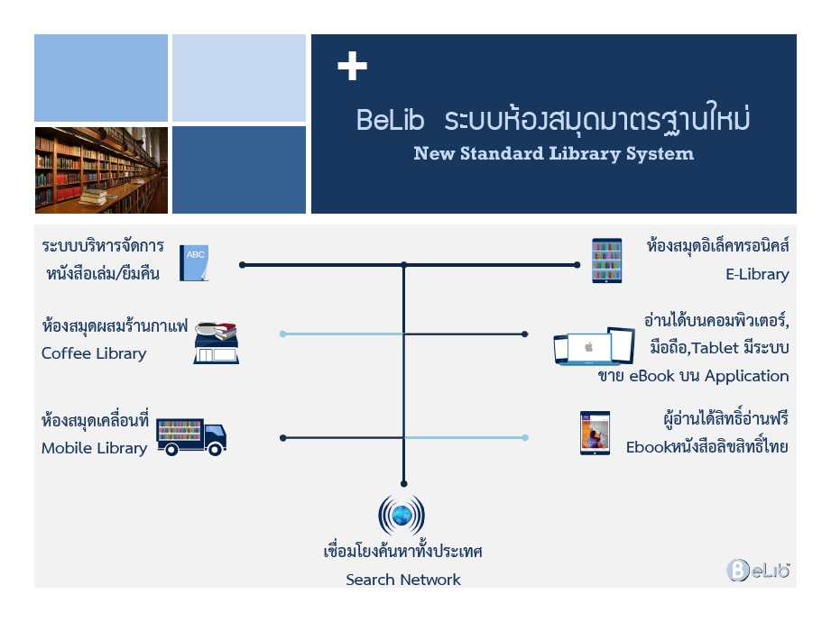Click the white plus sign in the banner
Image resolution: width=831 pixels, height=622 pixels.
(352, 66)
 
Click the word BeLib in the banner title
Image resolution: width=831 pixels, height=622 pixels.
(390, 120)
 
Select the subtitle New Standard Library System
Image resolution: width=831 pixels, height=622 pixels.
(553, 153)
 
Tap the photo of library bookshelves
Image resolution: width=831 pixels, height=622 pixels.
(101, 170)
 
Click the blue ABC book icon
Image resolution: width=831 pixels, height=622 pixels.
(194, 262)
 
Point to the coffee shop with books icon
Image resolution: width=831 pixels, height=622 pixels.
(217, 343)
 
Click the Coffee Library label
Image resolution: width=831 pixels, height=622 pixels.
(94, 353)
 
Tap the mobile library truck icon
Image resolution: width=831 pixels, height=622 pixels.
(191, 437)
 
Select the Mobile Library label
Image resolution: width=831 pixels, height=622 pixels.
(95, 448)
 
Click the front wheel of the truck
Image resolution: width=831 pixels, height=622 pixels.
(215, 449)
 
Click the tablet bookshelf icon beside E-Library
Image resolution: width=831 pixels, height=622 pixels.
(607, 261)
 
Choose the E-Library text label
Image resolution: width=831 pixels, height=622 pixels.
(757, 274)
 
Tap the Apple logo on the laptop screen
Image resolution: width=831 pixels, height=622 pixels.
(588, 347)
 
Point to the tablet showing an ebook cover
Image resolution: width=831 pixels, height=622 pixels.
(595, 433)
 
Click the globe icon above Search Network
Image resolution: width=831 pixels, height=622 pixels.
(402, 515)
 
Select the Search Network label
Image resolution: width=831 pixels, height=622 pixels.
(403, 580)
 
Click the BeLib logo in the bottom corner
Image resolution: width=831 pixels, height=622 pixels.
(758, 570)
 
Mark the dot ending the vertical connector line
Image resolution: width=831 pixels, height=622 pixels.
(404, 484)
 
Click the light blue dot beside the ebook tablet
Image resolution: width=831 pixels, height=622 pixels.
(525, 438)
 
